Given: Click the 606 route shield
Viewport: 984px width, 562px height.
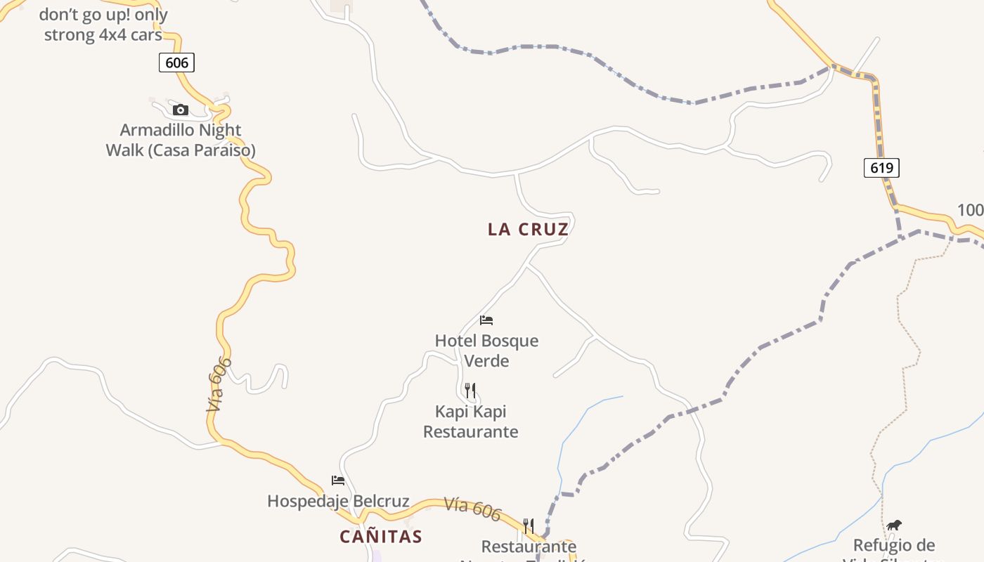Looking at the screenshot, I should [176, 63].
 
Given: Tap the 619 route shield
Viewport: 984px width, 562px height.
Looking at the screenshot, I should [881, 167].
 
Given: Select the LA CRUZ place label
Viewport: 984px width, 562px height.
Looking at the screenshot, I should [528, 229].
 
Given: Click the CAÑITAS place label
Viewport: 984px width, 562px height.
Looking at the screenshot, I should [381, 537].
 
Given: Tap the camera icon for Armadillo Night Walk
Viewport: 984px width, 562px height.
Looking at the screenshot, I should [181, 110].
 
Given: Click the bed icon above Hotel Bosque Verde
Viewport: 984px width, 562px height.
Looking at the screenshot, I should [486, 320].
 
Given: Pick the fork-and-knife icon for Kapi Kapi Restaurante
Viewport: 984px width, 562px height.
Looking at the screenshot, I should [470, 391].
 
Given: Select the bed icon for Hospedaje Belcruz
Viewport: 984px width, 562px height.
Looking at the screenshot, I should [338, 481].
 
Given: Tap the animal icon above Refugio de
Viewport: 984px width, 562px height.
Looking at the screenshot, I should [894, 525].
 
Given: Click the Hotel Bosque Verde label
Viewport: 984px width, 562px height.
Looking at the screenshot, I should [486, 351].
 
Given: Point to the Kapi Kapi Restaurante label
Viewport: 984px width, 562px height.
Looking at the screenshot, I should [470, 421].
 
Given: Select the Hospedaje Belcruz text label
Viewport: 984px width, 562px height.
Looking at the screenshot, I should [338, 501].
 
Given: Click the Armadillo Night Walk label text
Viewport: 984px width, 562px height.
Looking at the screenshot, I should [181, 140].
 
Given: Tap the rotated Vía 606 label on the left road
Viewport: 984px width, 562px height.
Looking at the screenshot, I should [219, 384].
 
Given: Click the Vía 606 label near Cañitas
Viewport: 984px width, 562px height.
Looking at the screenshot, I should [472, 509].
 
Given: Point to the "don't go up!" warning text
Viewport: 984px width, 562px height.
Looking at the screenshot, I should [103, 25].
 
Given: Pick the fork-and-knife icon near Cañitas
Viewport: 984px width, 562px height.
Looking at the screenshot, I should [529, 525].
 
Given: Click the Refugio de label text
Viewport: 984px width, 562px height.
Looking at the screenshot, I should [894, 545].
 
